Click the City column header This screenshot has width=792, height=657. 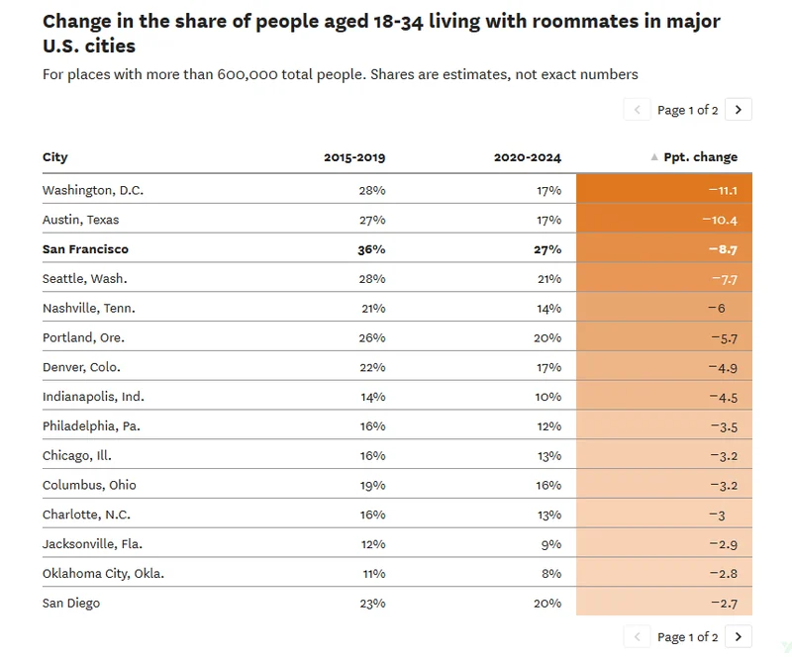(x=55, y=157)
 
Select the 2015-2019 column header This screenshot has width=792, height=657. (x=354, y=157)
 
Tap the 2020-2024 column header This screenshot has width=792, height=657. (x=528, y=157)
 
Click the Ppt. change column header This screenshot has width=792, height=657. (x=700, y=157)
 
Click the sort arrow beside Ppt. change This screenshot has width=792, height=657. (x=654, y=157)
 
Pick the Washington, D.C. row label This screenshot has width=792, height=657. (x=93, y=190)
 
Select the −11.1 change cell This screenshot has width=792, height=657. (x=723, y=190)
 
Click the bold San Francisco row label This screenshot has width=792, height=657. (x=85, y=249)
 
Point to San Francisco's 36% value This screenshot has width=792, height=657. (x=371, y=249)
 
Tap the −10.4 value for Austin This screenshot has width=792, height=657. (x=720, y=221)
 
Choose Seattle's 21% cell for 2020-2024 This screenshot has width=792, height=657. (x=549, y=279)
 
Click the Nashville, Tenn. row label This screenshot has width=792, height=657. (x=89, y=308)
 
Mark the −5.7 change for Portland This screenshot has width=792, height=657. (x=725, y=338)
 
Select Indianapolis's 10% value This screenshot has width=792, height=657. (x=548, y=397)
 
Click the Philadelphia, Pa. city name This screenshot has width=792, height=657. (x=91, y=426)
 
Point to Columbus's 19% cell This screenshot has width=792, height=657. (x=372, y=485)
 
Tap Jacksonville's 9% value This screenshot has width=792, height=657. (x=551, y=544)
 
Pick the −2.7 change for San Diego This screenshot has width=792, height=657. (x=725, y=604)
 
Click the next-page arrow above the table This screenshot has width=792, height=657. (x=738, y=110)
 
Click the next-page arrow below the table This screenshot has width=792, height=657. (x=738, y=637)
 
